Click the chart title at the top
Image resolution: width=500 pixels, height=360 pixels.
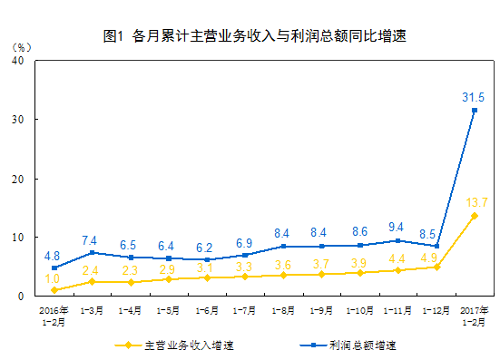pos(253,36)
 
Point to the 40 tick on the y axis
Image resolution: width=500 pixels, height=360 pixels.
pos(19,60)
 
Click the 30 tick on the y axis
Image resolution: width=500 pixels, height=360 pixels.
pos(19,120)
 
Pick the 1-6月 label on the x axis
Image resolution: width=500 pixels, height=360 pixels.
pos(207,311)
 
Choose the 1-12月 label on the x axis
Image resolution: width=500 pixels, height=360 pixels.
pos(436,311)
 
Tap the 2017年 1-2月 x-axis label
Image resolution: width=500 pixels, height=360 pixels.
pos(473,316)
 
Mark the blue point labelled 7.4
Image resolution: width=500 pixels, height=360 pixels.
pos(93,252)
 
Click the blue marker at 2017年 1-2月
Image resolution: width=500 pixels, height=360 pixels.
pos(474,111)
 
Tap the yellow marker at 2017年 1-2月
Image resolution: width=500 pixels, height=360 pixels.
pos(474,216)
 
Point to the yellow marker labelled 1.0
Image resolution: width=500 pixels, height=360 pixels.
pos(54,290)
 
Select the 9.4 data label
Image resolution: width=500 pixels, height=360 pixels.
pos(396,227)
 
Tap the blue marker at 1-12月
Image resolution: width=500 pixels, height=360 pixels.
pos(436,246)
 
